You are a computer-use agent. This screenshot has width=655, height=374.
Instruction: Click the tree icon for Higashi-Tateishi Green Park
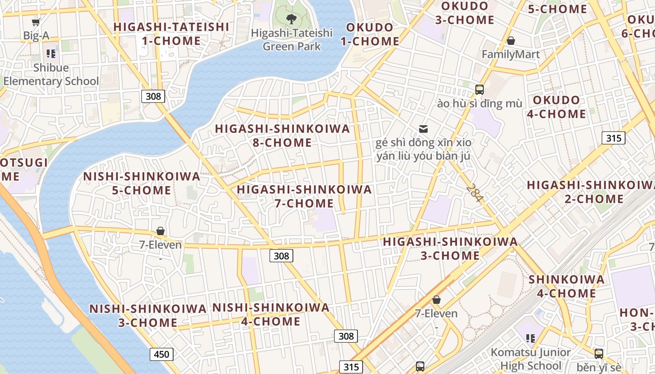tap(292, 19)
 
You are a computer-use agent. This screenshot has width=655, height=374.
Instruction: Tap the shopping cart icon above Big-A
tap(36, 22)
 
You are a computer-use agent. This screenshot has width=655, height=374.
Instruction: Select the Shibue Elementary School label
tap(51, 74)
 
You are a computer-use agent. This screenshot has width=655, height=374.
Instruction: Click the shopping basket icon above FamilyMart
tap(511, 41)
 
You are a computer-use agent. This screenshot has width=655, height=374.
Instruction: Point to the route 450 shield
tap(161, 354)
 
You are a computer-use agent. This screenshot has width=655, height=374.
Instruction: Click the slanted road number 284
tap(474, 193)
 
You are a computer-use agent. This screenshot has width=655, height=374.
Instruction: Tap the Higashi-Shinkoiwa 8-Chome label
tap(282, 136)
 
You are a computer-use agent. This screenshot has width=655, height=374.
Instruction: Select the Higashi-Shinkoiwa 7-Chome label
tap(305, 196)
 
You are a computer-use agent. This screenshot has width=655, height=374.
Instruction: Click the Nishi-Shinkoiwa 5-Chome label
tap(142, 183)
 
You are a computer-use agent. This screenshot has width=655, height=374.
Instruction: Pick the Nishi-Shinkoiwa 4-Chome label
tap(271, 315)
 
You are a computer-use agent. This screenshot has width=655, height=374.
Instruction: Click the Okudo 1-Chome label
tap(370, 34)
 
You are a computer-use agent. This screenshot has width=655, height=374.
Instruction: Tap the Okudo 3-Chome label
tap(465, 13)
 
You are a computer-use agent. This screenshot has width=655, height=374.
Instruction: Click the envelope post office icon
tap(423, 129)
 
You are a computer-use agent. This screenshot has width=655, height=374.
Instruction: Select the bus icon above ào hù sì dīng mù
tap(479, 89)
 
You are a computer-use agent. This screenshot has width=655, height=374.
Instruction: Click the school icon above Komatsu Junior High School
tap(530, 338)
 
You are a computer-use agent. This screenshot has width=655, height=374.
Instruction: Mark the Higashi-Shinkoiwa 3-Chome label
tap(450, 249)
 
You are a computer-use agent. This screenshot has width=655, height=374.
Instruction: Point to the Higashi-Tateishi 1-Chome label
tap(171, 34)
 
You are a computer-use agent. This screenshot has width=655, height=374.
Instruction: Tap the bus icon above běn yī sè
tap(598, 353)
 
